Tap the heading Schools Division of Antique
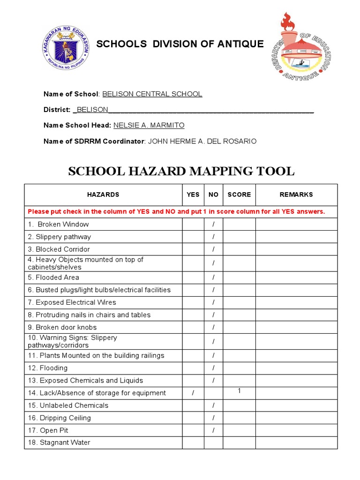pos(180,44)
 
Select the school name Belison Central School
pos(152,94)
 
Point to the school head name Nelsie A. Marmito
pos(149,125)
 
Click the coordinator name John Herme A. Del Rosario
pos(202,141)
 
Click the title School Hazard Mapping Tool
pos(181,171)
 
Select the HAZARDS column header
pos(103,195)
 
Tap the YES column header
pos(193,195)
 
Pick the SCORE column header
pos(239,195)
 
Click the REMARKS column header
pos(296,195)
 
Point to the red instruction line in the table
pos(176,211)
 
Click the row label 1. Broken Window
pos(59,224)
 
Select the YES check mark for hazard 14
pos(193,393)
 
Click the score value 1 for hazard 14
pos(239,391)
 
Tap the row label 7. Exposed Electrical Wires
pos(72,302)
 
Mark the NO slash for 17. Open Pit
pos(213,430)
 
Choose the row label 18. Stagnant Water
pos(59,442)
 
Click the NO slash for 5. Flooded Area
pos(213,277)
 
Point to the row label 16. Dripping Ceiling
pos(60,418)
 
